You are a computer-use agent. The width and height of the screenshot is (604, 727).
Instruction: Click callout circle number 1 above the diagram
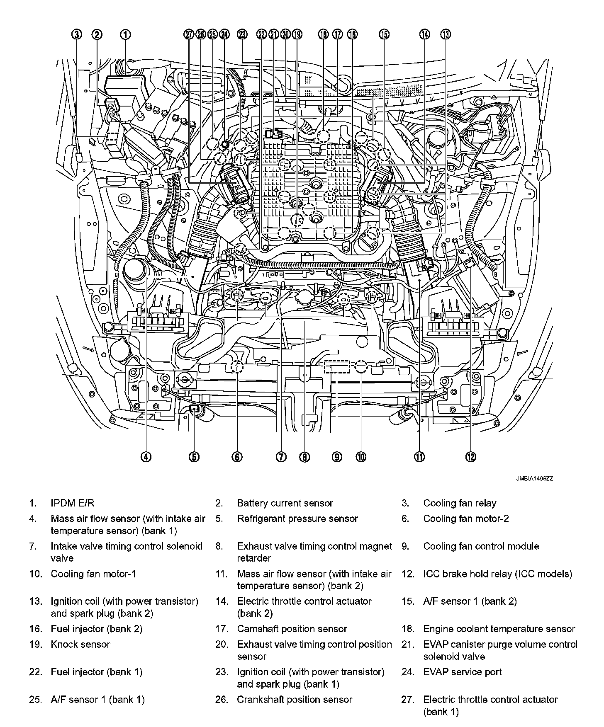pos(126,34)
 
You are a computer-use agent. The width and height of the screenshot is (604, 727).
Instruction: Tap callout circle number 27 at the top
pos(189,34)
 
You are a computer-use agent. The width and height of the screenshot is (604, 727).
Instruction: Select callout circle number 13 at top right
pos(446,34)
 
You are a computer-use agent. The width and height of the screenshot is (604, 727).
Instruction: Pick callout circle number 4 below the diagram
pos(146,456)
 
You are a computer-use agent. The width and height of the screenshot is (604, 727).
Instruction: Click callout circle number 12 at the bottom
pos(470,456)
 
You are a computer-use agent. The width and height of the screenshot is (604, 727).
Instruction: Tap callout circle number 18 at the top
pos(324,34)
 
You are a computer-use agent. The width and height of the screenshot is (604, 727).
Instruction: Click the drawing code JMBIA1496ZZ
pos(534,478)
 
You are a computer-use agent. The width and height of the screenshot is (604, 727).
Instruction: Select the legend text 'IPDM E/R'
pos(72,503)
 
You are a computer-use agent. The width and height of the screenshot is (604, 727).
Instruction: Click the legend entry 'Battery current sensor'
pos(285,503)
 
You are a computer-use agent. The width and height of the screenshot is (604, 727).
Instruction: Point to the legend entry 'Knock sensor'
pos(80,645)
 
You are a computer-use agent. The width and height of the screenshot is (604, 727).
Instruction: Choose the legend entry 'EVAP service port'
pos(462,672)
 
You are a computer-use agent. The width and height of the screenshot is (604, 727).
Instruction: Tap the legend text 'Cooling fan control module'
pos(481,546)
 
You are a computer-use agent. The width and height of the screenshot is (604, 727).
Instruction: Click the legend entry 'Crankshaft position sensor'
pos(295,700)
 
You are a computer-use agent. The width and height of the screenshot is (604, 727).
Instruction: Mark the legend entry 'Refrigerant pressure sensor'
pos(297,519)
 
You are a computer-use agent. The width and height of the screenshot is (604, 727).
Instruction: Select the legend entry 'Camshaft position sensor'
pos(292,629)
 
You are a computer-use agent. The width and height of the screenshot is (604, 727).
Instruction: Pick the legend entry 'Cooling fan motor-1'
pos(93,574)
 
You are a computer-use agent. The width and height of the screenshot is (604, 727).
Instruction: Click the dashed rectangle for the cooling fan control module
pos(337,367)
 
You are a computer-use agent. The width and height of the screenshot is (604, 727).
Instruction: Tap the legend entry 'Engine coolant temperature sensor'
pos(499,629)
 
